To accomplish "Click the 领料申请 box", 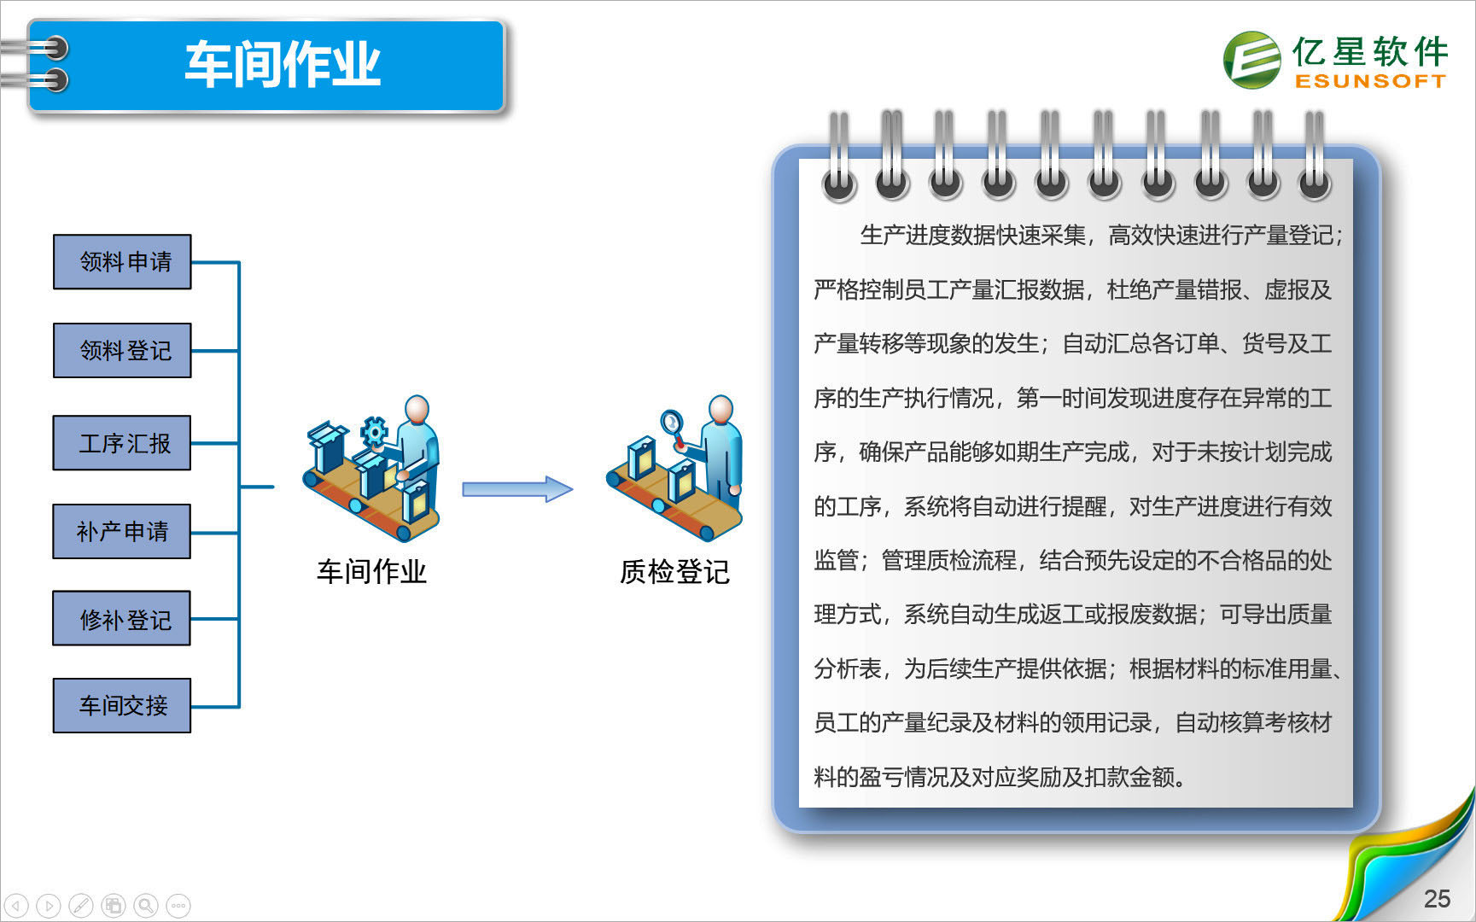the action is point(122,262).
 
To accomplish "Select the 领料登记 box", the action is point(122,350).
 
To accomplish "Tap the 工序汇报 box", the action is point(121,443).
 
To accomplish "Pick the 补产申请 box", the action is point(121,531).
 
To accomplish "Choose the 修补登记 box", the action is point(121,618).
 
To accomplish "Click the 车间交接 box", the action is point(121,705).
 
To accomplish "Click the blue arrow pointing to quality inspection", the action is point(517,489).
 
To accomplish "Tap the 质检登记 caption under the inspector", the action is point(674,571).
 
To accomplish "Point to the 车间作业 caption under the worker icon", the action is point(371,571).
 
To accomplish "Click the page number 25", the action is point(1437,898).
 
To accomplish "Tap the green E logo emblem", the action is point(1252,60).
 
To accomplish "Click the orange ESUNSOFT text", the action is point(1370,81).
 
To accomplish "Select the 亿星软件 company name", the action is point(1370,51).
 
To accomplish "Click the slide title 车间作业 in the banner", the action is point(283,64).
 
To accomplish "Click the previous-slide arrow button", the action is point(16,905).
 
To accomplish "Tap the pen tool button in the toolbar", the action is point(81,905).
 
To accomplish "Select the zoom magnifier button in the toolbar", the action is point(146,905).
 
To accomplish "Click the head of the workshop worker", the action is point(417,409).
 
